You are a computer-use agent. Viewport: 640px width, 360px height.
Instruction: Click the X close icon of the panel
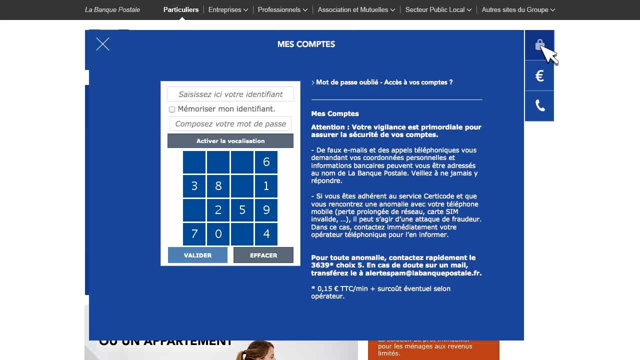click(102, 44)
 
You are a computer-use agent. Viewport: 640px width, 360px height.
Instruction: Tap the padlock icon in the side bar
click(539, 45)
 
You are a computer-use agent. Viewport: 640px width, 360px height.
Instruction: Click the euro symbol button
click(539, 76)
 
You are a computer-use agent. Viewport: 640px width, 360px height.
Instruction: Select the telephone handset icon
click(539, 105)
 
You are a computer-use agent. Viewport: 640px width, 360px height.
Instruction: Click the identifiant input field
click(230, 94)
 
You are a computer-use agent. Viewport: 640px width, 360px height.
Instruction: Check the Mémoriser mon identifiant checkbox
click(172, 109)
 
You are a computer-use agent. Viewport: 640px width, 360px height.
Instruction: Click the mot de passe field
click(230, 123)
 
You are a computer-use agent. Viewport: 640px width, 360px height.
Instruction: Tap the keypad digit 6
click(266, 162)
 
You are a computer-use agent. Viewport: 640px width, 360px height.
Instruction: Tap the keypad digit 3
click(194, 186)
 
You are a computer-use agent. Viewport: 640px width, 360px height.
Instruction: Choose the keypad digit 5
click(242, 210)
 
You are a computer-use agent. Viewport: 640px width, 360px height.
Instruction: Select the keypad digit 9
click(266, 210)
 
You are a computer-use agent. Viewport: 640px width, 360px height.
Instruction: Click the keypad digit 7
click(194, 233)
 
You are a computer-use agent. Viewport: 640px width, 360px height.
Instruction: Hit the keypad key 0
click(218, 233)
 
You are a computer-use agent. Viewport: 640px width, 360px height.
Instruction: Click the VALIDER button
click(197, 255)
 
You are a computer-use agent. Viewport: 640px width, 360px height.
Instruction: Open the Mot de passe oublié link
click(384, 82)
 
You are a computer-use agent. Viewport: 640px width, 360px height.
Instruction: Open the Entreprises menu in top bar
click(228, 9)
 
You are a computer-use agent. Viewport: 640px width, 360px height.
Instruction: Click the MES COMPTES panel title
click(306, 44)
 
